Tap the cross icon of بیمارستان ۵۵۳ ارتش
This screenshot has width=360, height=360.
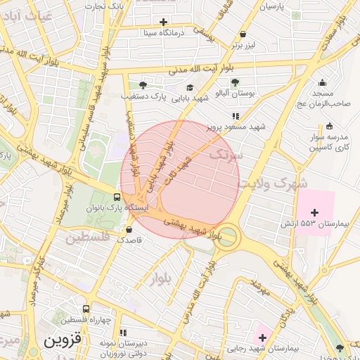(x=314, y=212)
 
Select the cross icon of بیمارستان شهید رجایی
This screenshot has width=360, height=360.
(x=262, y=339)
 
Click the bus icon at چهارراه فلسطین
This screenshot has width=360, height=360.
(x=86, y=309)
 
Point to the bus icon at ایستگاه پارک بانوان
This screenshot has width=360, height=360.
(x=117, y=197)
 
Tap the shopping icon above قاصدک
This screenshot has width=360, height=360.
(x=128, y=229)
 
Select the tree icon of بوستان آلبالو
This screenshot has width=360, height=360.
(x=235, y=83)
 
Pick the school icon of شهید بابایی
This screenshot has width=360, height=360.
(x=190, y=87)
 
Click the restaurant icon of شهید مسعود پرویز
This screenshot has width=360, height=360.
(x=236, y=116)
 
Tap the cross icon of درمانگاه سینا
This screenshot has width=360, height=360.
(x=164, y=22)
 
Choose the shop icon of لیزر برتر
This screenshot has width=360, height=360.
(x=243, y=34)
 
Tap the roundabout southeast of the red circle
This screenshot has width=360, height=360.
(x=227, y=239)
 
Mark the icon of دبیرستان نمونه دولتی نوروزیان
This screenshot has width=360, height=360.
(x=124, y=333)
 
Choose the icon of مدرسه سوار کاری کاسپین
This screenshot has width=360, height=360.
(x=330, y=126)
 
